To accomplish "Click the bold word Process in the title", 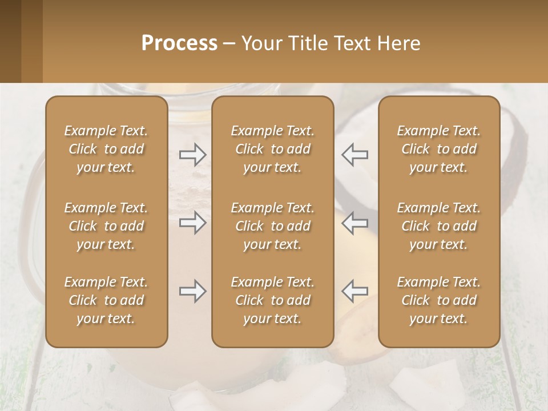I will (179, 43).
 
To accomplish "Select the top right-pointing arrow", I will (193, 154).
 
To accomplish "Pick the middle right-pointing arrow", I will (193, 223).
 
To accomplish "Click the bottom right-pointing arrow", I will (193, 291).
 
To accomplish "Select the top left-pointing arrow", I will (354, 154).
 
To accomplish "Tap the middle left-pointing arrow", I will (354, 223).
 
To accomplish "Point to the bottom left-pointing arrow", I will (354, 291).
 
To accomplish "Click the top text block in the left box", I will (106, 149).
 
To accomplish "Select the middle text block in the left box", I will (106, 226).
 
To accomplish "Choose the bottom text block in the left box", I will (106, 300).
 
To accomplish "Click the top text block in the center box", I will (273, 149).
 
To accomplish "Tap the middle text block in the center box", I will (273, 226).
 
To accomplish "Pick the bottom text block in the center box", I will (273, 300).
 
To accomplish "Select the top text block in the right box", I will (439, 149).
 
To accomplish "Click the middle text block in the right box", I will (439, 226).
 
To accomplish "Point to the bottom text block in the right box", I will (439, 300).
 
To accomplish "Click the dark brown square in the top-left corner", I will (10, 41).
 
